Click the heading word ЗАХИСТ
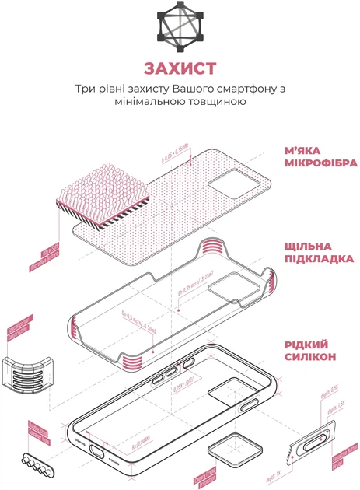[180, 68]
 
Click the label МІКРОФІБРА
[320, 163]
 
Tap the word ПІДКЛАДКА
[319, 258]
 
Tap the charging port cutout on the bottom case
[100, 451]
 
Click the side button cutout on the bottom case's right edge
[250, 405]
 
